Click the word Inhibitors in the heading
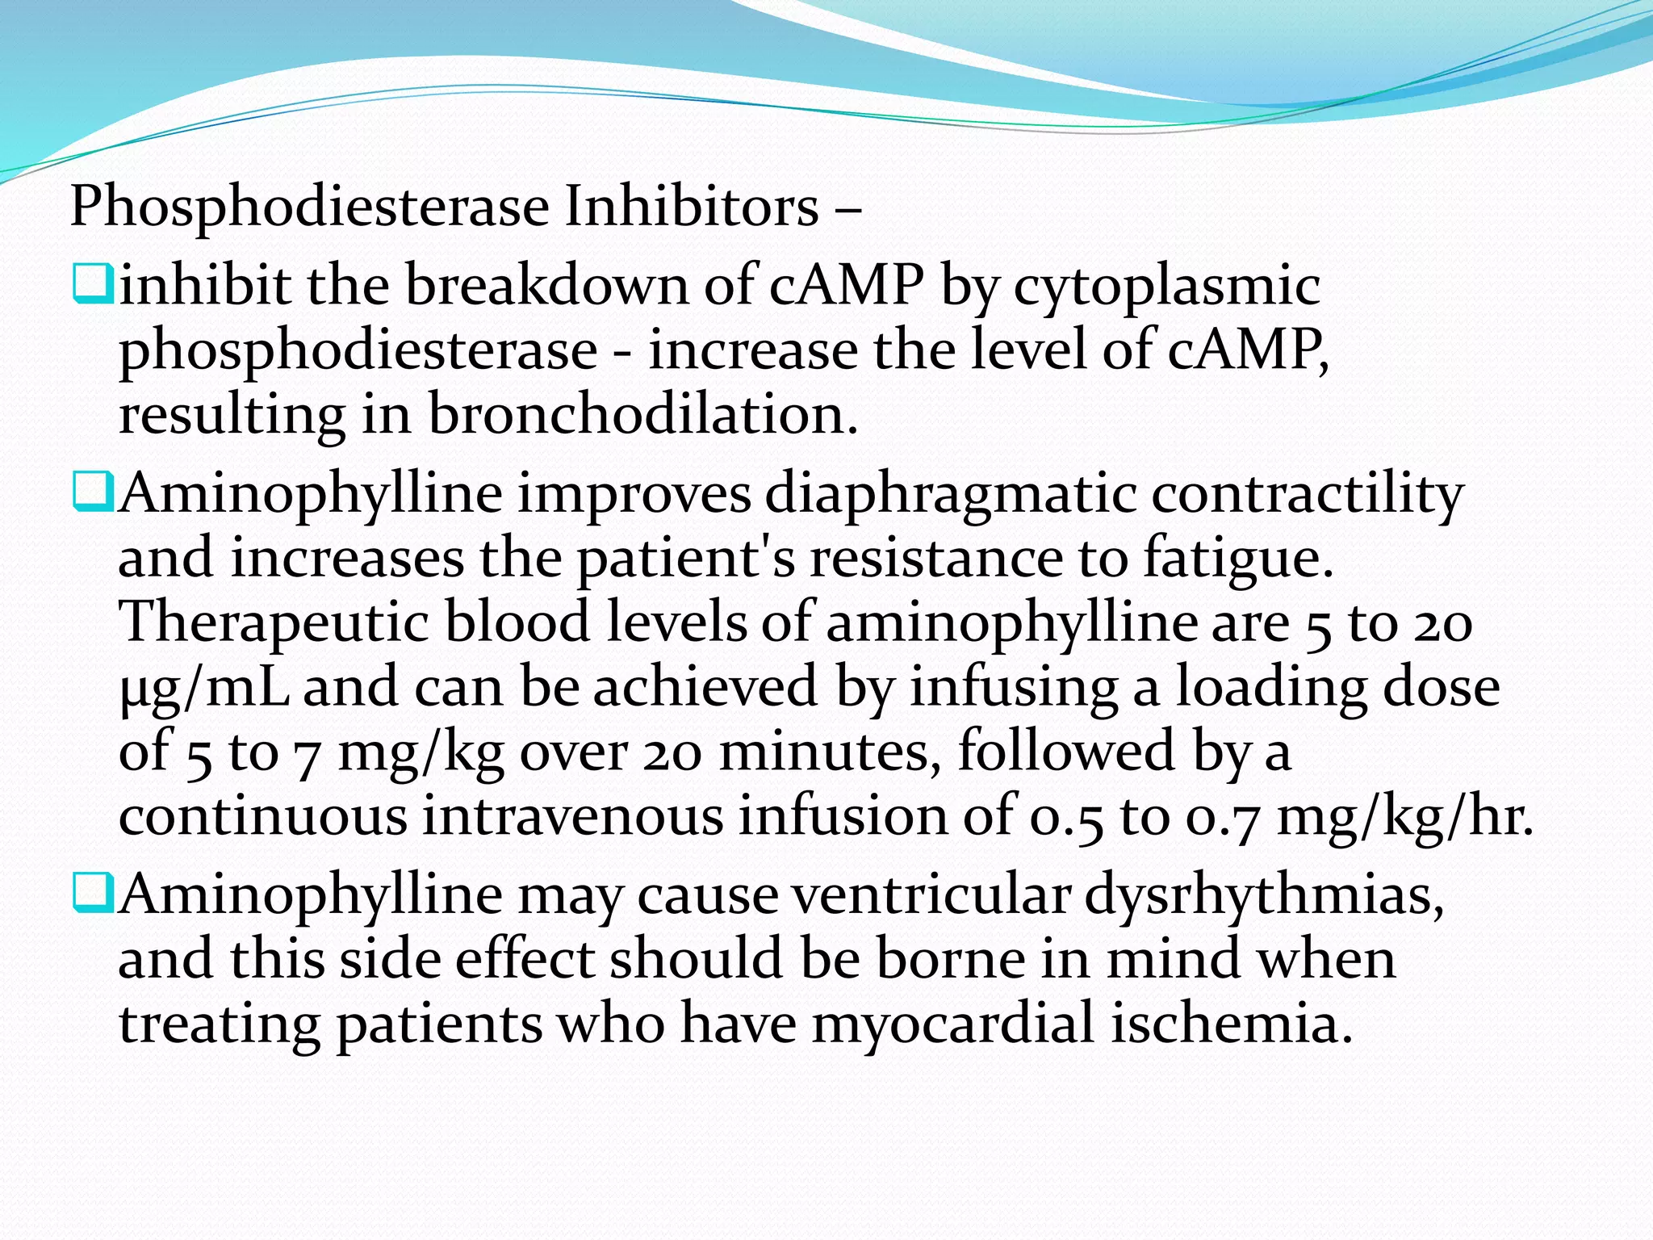click(x=691, y=207)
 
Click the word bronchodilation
click(x=642, y=414)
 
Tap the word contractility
click(x=1308, y=494)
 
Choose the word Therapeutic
click(x=274, y=624)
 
